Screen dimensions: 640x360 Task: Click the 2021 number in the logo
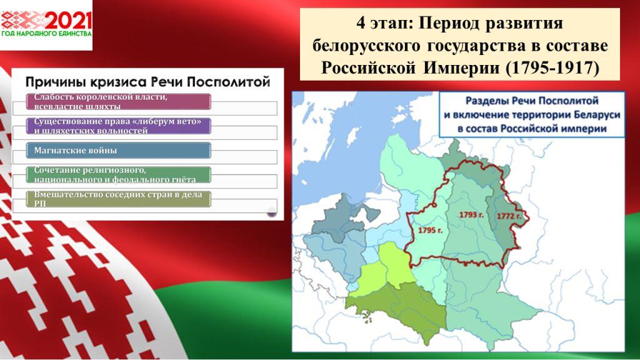point(68,20)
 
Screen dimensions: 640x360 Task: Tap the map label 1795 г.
point(430,231)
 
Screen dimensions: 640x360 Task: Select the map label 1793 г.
point(471,215)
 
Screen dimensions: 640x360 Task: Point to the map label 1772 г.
point(509,216)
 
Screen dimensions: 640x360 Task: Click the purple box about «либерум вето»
point(118,126)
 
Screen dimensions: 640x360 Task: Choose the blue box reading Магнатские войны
point(118,150)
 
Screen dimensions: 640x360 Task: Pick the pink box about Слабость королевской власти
point(118,102)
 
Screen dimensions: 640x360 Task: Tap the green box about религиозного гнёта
point(118,175)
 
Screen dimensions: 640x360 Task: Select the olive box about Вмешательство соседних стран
point(118,199)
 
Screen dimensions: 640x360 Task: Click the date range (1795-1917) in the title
point(552,67)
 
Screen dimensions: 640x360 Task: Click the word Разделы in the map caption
point(486,101)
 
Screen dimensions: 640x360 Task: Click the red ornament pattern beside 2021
point(23,19)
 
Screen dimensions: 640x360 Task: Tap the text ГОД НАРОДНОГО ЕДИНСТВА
point(46,34)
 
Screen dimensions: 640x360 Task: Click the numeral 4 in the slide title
point(361,23)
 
